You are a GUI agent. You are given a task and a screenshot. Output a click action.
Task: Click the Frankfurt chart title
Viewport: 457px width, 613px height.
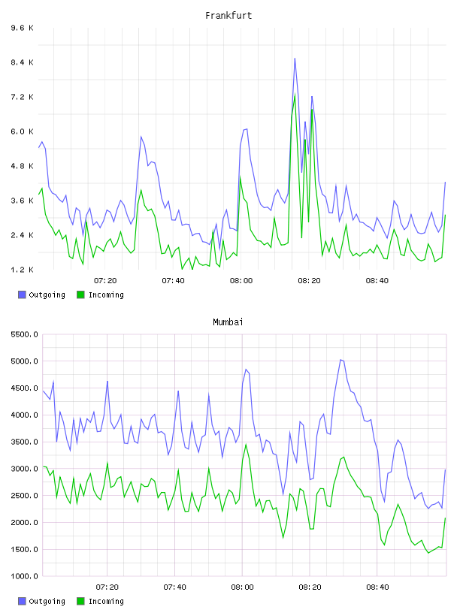pyautogui.click(x=228, y=16)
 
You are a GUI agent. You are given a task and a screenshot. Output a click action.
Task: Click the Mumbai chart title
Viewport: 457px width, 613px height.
pyautogui.click(x=228, y=322)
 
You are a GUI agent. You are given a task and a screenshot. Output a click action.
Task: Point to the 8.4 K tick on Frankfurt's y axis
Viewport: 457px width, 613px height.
pyautogui.click(x=23, y=62)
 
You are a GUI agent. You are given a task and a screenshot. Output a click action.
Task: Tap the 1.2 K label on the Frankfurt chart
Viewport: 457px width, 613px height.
pyautogui.click(x=23, y=270)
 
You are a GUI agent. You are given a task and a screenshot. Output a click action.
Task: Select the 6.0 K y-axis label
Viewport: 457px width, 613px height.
pyautogui.click(x=23, y=131)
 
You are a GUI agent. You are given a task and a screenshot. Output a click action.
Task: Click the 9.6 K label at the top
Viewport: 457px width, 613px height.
pyautogui.click(x=23, y=28)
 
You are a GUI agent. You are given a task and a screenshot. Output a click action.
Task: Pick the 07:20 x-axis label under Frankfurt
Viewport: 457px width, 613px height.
pyautogui.click(x=105, y=281)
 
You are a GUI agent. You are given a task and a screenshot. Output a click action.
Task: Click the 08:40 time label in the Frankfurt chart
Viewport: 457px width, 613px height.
pyautogui.click(x=377, y=281)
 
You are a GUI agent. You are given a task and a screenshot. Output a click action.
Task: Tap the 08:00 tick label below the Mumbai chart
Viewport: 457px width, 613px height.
pyautogui.click(x=242, y=587)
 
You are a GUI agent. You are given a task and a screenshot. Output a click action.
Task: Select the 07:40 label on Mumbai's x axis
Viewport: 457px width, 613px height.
pyautogui.click(x=174, y=587)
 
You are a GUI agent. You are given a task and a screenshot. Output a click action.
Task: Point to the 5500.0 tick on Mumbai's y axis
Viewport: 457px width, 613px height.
pyautogui.click(x=25, y=334)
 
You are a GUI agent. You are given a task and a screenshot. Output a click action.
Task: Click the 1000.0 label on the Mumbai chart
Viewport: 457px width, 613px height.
pyautogui.click(x=25, y=576)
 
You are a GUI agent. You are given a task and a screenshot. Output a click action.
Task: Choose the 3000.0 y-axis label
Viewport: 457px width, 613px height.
pyautogui.click(x=25, y=469)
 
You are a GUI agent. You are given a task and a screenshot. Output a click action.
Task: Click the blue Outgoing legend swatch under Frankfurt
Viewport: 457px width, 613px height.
pyautogui.click(x=22, y=294)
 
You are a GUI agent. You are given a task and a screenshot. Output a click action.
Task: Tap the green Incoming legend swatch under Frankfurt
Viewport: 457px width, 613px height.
pyautogui.click(x=80, y=294)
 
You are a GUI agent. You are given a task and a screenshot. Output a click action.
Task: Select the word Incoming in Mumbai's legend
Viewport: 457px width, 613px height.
pyautogui.click(x=106, y=601)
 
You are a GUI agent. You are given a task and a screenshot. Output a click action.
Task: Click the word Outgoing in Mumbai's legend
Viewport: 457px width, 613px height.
pyautogui.click(x=47, y=601)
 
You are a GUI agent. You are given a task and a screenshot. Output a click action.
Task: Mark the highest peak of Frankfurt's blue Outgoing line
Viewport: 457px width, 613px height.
pyautogui.click(x=295, y=59)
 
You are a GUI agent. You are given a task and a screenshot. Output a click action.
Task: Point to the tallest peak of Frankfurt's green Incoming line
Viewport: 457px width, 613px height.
pyautogui.click(x=295, y=94)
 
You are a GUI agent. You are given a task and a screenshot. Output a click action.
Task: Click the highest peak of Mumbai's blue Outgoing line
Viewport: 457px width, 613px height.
pyautogui.click(x=340, y=360)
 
